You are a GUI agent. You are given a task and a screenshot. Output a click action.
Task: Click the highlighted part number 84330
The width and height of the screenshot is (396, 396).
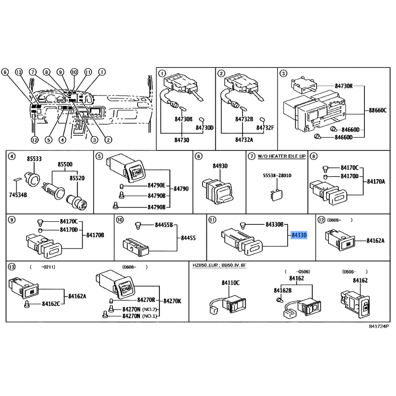pos(299,235)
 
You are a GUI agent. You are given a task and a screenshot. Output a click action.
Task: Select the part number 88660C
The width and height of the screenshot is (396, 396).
pos(379,110)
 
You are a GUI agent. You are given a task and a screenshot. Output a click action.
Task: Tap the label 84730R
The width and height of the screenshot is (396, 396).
pos(344,86)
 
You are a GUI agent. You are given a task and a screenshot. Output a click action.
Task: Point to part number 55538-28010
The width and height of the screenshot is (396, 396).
pos(277,176)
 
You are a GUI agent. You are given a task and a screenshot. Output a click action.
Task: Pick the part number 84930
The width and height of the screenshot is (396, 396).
pos(220,167)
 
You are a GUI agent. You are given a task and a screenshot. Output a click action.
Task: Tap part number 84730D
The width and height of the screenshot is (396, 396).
pos(204,128)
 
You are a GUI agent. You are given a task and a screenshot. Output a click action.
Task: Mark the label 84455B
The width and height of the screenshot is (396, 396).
pos(164,225)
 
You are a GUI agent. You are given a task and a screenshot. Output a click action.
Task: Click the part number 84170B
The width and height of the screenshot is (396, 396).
pos(95,235)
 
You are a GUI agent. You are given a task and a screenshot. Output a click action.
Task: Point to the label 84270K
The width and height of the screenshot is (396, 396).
pos(172,300)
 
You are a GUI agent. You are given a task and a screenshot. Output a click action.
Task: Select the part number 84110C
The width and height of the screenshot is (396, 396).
pos(230,283)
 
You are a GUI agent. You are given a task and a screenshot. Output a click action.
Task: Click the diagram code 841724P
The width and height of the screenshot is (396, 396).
pos(379,327)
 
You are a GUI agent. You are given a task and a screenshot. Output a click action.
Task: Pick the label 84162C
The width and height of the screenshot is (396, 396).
pos(51,303)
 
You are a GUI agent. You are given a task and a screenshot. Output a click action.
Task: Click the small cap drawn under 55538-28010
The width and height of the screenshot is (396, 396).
pos(274,194)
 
